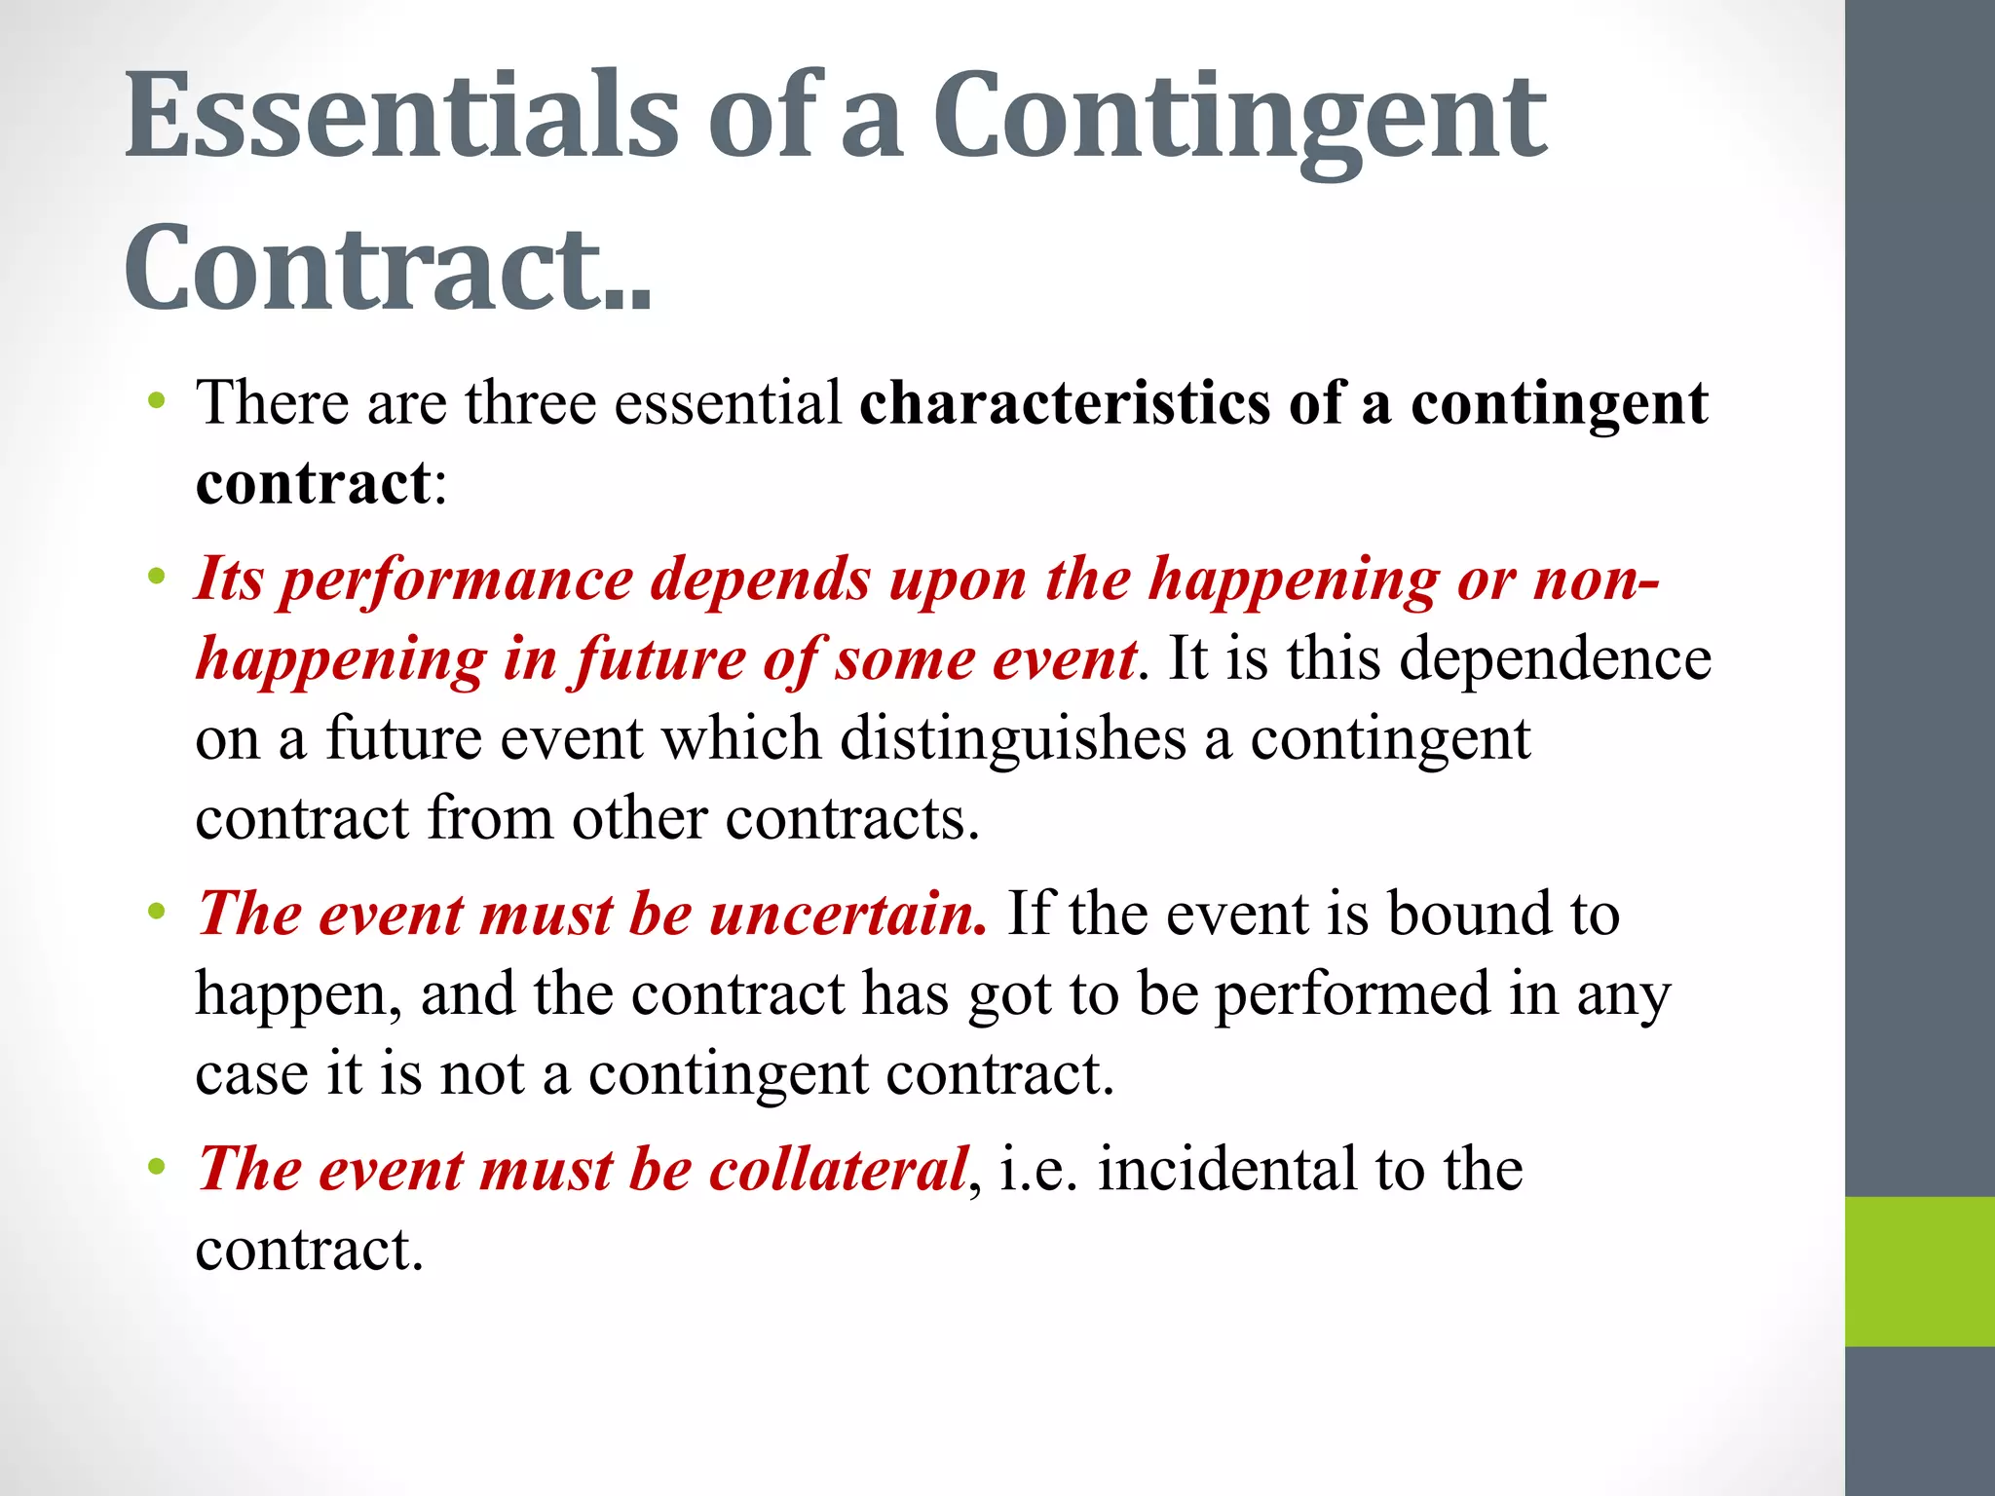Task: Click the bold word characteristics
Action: tap(1064, 402)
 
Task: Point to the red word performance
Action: tap(457, 581)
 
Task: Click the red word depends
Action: tap(761, 580)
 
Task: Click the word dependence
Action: tap(1555, 658)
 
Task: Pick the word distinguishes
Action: tap(1012, 739)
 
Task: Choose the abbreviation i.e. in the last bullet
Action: tap(1038, 1170)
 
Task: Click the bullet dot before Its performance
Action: tap(156, 578)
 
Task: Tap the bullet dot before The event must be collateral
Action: tap(156, 1166)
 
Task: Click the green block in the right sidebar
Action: tap(1919, 1271)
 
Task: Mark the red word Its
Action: tap(229, 580)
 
